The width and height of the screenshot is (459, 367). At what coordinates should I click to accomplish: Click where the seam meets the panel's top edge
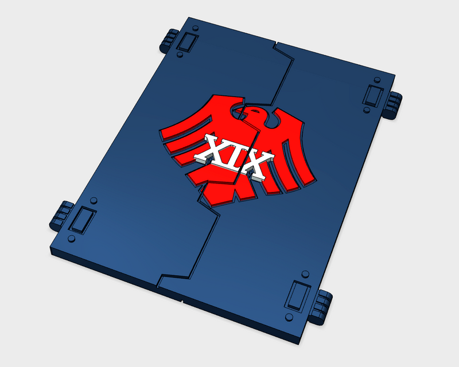[x=276, y=44]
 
